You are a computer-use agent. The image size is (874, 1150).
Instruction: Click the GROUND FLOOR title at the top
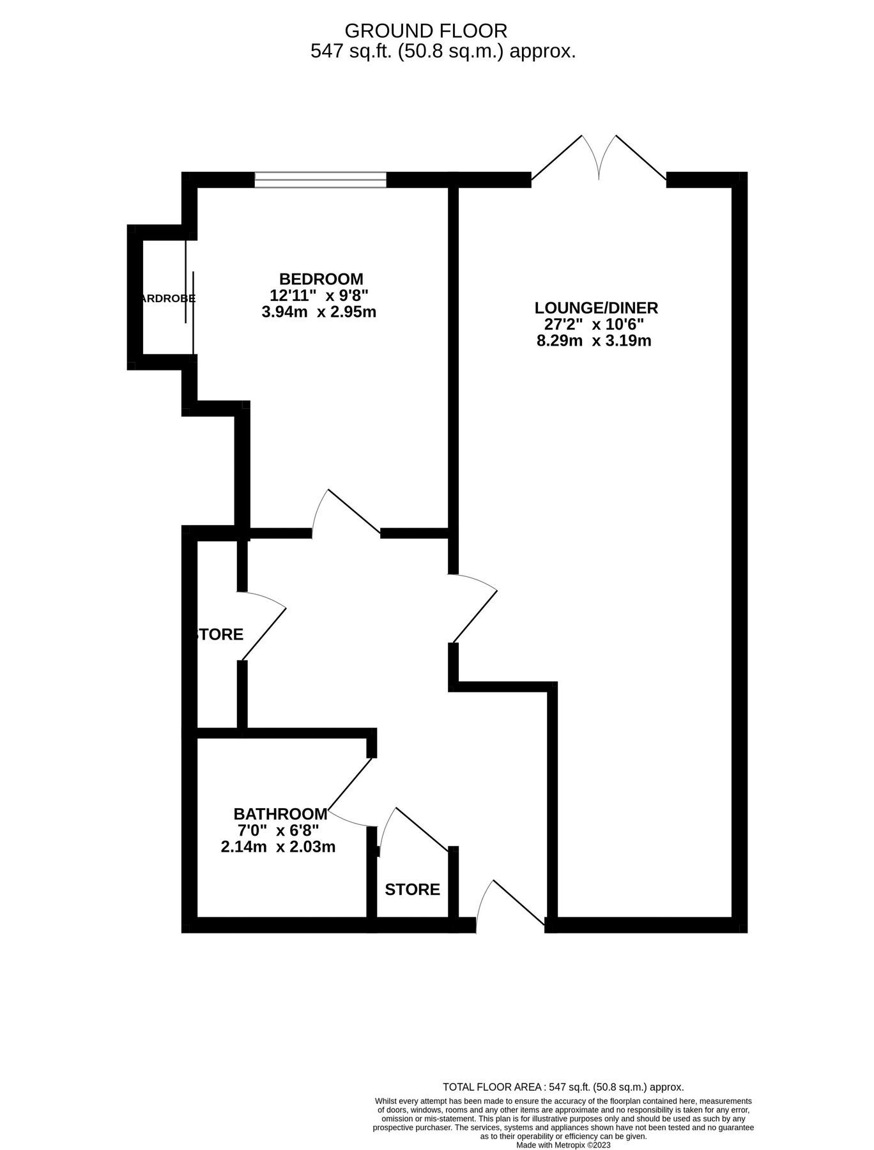[425, 30]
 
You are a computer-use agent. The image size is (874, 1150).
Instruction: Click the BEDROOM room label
[321, 279]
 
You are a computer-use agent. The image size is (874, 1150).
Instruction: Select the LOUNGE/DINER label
[596, 308]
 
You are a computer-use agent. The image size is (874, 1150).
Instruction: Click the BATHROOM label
[280, 814]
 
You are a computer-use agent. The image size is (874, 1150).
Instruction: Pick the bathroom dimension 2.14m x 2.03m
[278, 847]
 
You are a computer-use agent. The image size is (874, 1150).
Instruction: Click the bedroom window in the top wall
[320, 180]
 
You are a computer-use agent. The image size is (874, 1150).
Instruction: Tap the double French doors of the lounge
[599, 160]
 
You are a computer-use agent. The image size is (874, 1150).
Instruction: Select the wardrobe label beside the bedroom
[168, 298]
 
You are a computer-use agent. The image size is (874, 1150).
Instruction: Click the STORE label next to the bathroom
[412, 889]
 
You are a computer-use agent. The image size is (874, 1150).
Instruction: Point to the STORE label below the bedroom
[218, 634]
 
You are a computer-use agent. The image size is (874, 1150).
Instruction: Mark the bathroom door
[350, 792]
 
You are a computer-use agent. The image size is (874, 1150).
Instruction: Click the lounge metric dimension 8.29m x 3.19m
[594, 341]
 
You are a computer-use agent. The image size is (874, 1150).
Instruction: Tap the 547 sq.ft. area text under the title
[443, 51]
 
